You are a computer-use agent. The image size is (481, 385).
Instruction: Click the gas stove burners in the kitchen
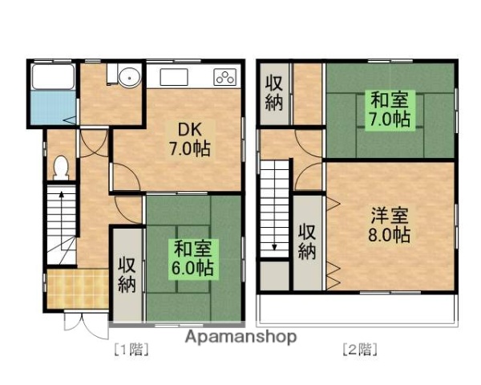coord(225,78)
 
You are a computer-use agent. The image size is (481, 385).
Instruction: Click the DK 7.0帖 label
coord(189,139)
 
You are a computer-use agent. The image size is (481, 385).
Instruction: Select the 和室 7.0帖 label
coord(390,110)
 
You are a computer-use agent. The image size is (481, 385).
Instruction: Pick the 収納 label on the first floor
coord(127,273)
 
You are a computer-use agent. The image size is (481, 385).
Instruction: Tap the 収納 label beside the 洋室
coord(307,241)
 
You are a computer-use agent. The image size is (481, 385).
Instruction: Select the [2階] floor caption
coord(359,349)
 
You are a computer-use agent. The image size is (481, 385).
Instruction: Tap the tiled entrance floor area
coord(77,288)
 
